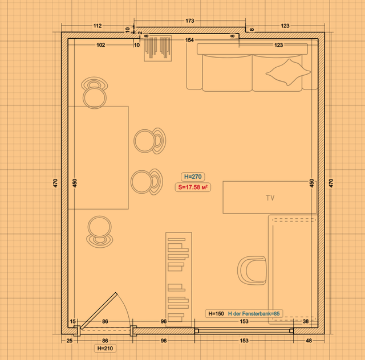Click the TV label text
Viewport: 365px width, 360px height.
(270, 198)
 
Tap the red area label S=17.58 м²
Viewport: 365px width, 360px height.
(193, 187)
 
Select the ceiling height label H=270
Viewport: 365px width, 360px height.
(193, 177)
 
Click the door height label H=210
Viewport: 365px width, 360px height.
(105, 348)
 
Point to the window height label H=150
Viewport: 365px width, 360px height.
(216, 313)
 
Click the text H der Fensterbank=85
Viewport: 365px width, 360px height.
(254, 313)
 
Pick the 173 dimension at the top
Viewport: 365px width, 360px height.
(190, 21)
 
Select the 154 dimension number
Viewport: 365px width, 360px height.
(189, 40)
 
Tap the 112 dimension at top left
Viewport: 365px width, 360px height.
(98, 26)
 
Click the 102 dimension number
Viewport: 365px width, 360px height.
(101, 45)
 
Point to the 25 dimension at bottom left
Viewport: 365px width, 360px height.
(70, 341)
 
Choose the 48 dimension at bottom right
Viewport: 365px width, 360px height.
(309, 341)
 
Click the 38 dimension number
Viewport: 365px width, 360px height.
(306, 321)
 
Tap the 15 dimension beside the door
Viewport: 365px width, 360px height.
(72, 321)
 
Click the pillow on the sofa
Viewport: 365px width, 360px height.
(288, 72)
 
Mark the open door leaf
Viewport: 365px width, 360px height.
(99, 310)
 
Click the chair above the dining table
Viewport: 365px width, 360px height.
(95, 92)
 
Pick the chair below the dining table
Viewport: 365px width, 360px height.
(100, 232)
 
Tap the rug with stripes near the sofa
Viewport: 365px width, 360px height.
(158, 48)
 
